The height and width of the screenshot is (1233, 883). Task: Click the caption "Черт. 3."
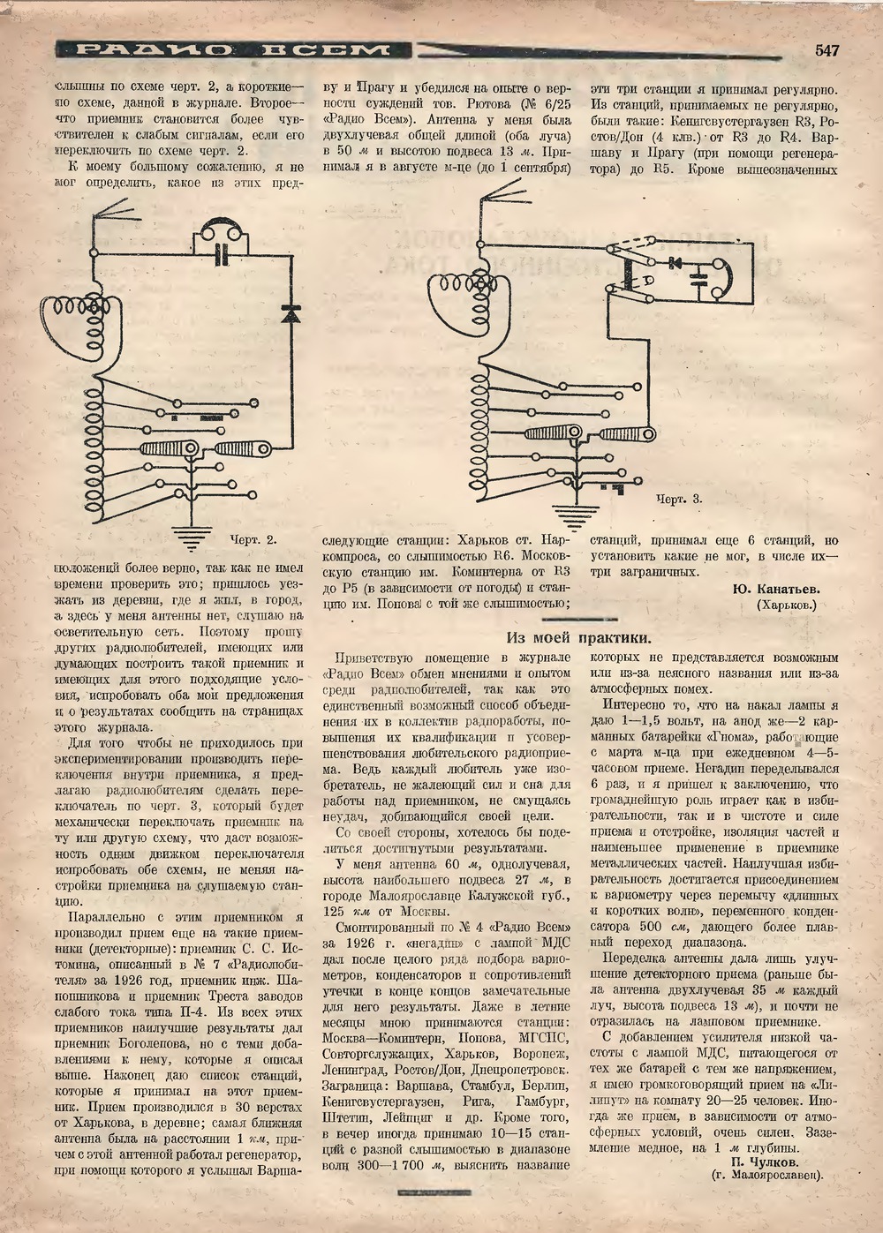(679, 500)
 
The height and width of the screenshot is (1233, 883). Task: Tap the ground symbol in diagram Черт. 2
(186, 533)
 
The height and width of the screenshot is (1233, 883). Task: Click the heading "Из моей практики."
(579, 638)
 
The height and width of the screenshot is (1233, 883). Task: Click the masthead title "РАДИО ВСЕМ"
(232, 50)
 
